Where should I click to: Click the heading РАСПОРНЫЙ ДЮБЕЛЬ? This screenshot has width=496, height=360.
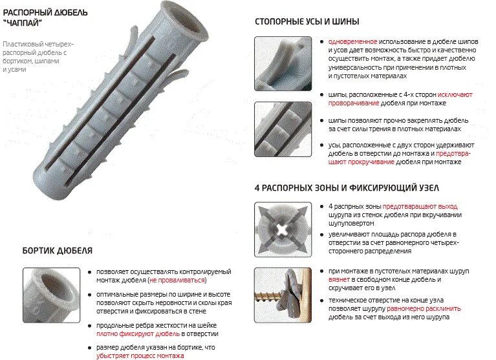pos(46,12)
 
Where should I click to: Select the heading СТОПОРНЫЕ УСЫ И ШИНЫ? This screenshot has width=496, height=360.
pos(307,21)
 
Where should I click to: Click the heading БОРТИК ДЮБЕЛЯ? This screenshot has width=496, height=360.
pos(57,250)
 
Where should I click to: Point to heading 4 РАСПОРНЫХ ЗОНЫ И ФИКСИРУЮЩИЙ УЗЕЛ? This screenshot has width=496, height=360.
pos(347,187)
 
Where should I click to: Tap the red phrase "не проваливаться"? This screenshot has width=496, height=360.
pos(177,281)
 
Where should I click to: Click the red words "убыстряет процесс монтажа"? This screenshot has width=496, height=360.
pos(140,355)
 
